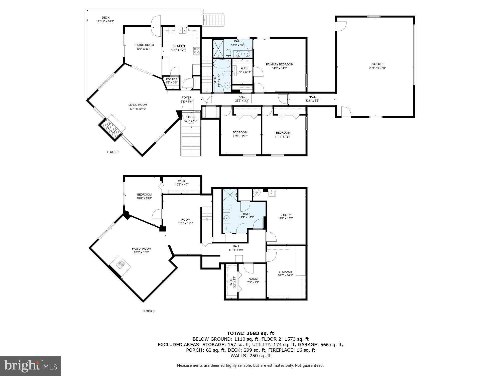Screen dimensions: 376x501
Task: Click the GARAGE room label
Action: tap(377, 64)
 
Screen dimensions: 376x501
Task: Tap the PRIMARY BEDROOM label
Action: tap(279, 64)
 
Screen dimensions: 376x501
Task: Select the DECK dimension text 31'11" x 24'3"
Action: tap(105, 22)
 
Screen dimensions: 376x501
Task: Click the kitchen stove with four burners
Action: tap(197, 51)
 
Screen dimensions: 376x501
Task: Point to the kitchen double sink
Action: tap(182, 31)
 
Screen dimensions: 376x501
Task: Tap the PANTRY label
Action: tap(171, 79)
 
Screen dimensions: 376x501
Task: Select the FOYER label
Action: tap(186, 98)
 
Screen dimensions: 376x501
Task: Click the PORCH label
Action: tap(191, 117)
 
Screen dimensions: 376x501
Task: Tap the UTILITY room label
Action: tap(285, 215)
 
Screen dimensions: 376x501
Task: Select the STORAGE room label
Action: tap(285, 272)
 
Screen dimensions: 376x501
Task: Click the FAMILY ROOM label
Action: tap(141, 249)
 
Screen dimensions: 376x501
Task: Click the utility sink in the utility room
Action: tap(272, 194)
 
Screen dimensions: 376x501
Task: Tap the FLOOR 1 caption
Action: tap(149, 311)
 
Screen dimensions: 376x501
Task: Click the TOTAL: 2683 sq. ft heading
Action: tap(250, 333)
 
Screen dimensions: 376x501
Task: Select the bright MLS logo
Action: tap(31, 366)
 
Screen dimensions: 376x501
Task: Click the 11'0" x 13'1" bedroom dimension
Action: tap(240, 137)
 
